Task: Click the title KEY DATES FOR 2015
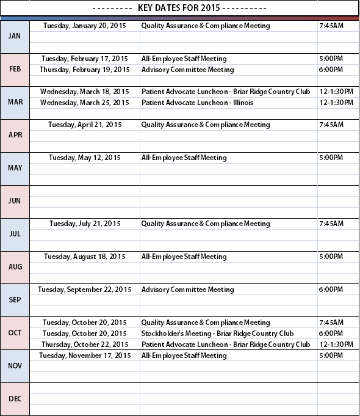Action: (179, 8)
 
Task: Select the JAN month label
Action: (15, 36)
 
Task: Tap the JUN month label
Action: (15, 201)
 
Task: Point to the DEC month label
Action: (15, 399)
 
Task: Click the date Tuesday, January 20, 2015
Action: (85, 26)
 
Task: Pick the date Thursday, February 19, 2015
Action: (85, 70)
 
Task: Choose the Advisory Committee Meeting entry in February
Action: (187, 70)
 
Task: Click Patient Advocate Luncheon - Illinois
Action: (197, 103)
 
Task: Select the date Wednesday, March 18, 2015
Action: (85, 92)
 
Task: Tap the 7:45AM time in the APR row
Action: (331, 125)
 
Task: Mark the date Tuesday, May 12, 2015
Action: (85, 158)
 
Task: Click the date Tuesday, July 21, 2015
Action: (85, 224)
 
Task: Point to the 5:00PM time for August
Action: (331, 257)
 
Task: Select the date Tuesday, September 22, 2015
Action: (85, 290)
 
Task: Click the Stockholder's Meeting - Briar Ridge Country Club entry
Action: (217, 334)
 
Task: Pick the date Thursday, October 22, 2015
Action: (85, 345)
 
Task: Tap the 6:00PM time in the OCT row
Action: (331, 334)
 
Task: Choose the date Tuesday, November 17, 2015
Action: (85, 356)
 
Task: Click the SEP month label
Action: (15, 300)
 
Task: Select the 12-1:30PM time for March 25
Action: (336, 103)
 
